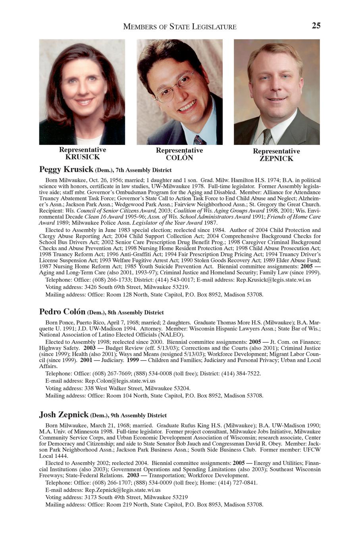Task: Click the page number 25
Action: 316,26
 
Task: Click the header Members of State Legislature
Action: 180,27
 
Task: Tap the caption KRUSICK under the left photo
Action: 83,157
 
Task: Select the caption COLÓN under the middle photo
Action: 179,158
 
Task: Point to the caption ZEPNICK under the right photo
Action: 276,158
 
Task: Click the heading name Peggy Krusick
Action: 66,170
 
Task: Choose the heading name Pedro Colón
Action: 62,312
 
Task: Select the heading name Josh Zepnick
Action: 64,415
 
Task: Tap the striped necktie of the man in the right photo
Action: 267,137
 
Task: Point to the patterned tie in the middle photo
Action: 199,140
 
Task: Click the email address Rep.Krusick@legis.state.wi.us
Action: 273,280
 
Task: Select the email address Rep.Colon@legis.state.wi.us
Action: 120,380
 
